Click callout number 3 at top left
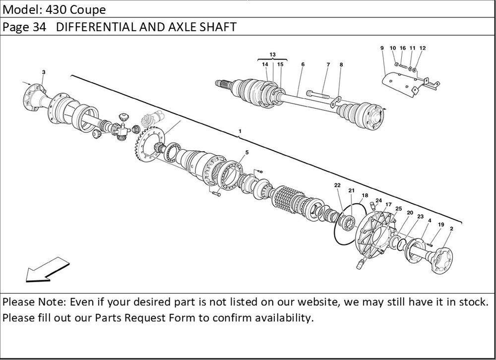tap(44, 72)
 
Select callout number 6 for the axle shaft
tap(303, 64)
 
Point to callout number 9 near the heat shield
tap(382, 48)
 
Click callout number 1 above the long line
tap(240, 131)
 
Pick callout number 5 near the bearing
tap(247, 152)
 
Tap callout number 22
tap(337, 185)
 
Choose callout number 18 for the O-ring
tap(365, 195)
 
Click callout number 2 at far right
tap(451, 229)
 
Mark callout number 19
tap(440, 225)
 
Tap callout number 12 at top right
tap(423, 48)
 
